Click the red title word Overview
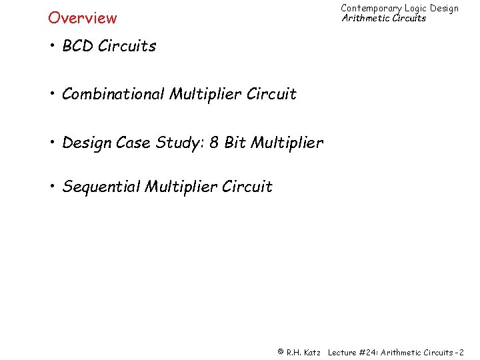[82, 18]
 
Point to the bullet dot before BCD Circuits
[52, 46]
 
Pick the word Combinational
[113, 94]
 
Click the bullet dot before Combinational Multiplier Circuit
[52, 94]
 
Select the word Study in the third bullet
[179, 143]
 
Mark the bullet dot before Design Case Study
[52, 143]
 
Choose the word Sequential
[100, 187]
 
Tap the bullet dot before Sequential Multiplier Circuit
[52, 187]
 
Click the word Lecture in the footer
[343, 351]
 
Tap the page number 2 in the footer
[461, 351]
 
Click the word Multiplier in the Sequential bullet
[175, 187]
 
